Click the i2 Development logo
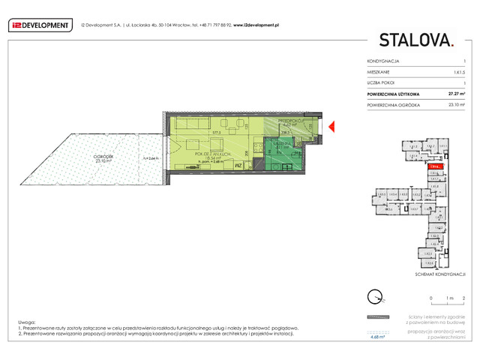38,25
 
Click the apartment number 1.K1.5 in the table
459,71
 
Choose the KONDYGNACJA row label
383,60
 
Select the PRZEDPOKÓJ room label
289,120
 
